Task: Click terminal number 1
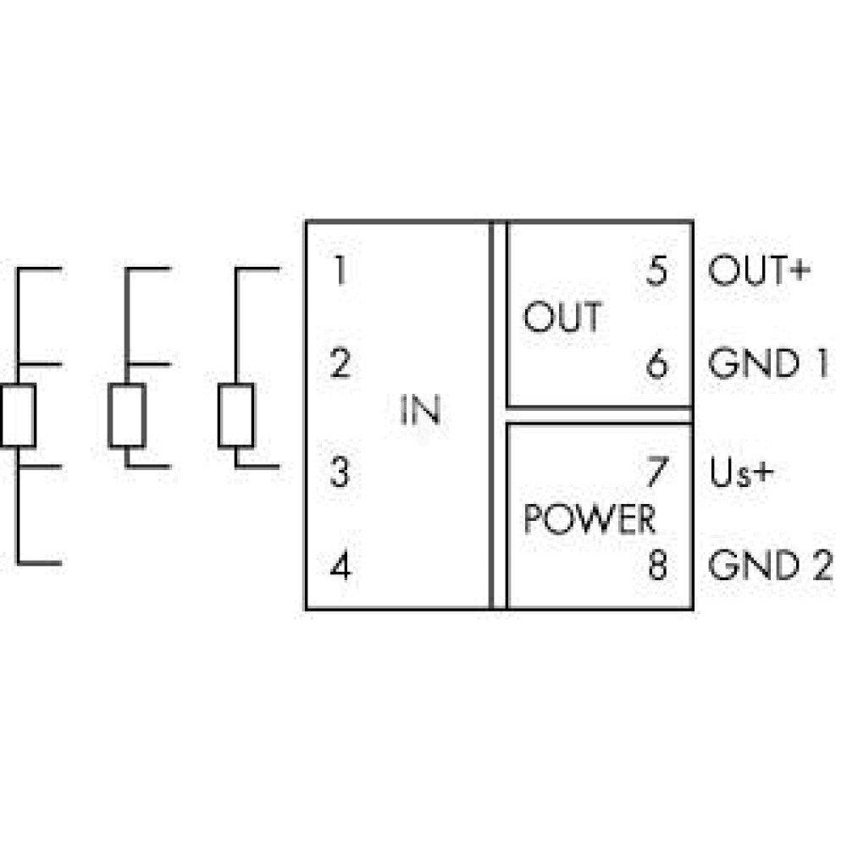340,270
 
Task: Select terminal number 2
340,363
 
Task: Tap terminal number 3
340,472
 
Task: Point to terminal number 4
340,566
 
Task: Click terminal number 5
657,270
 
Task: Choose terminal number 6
657,363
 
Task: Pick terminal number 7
657,472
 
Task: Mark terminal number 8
657,566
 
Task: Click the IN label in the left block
420,411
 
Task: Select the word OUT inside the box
563,317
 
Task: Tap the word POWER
590,518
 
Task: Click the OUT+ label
760,270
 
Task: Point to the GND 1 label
768,363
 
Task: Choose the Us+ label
742,472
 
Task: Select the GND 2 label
770,566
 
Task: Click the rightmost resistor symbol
236,415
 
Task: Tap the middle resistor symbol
127,415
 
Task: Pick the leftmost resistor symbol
18,415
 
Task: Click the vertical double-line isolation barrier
498,415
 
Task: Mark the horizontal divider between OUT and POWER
600,415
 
